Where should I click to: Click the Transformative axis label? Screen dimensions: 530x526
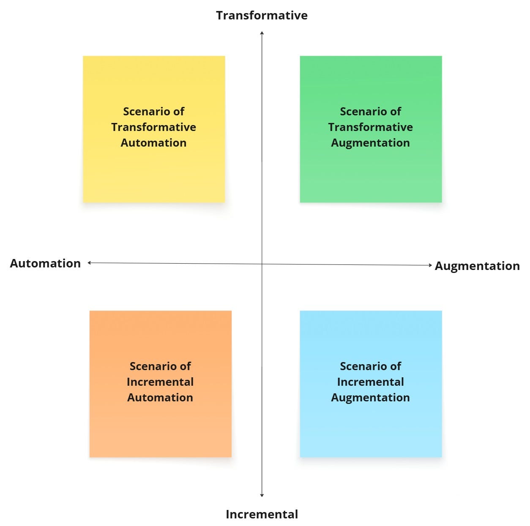262,15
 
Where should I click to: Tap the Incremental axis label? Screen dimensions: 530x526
262,514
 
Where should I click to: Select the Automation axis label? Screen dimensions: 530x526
45,263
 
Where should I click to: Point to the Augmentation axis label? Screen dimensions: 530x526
477,266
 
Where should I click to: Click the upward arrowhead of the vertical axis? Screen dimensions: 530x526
262,33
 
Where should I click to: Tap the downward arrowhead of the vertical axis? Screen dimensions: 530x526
262,495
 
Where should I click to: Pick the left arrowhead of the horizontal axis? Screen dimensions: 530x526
90,263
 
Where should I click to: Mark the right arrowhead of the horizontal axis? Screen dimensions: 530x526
430,265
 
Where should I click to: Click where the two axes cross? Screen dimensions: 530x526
262,264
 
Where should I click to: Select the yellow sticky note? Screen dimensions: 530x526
154,169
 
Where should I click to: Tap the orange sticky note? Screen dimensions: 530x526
161,427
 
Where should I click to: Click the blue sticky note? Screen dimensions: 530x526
371,427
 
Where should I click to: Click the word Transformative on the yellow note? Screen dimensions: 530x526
153,127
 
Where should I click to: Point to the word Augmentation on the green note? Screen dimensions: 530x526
370,143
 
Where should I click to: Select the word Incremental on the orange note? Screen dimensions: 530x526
160,382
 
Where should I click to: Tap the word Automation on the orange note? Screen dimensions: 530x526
160,398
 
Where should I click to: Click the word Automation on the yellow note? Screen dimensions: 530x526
153,143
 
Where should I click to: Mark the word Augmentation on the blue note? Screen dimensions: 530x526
370,398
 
